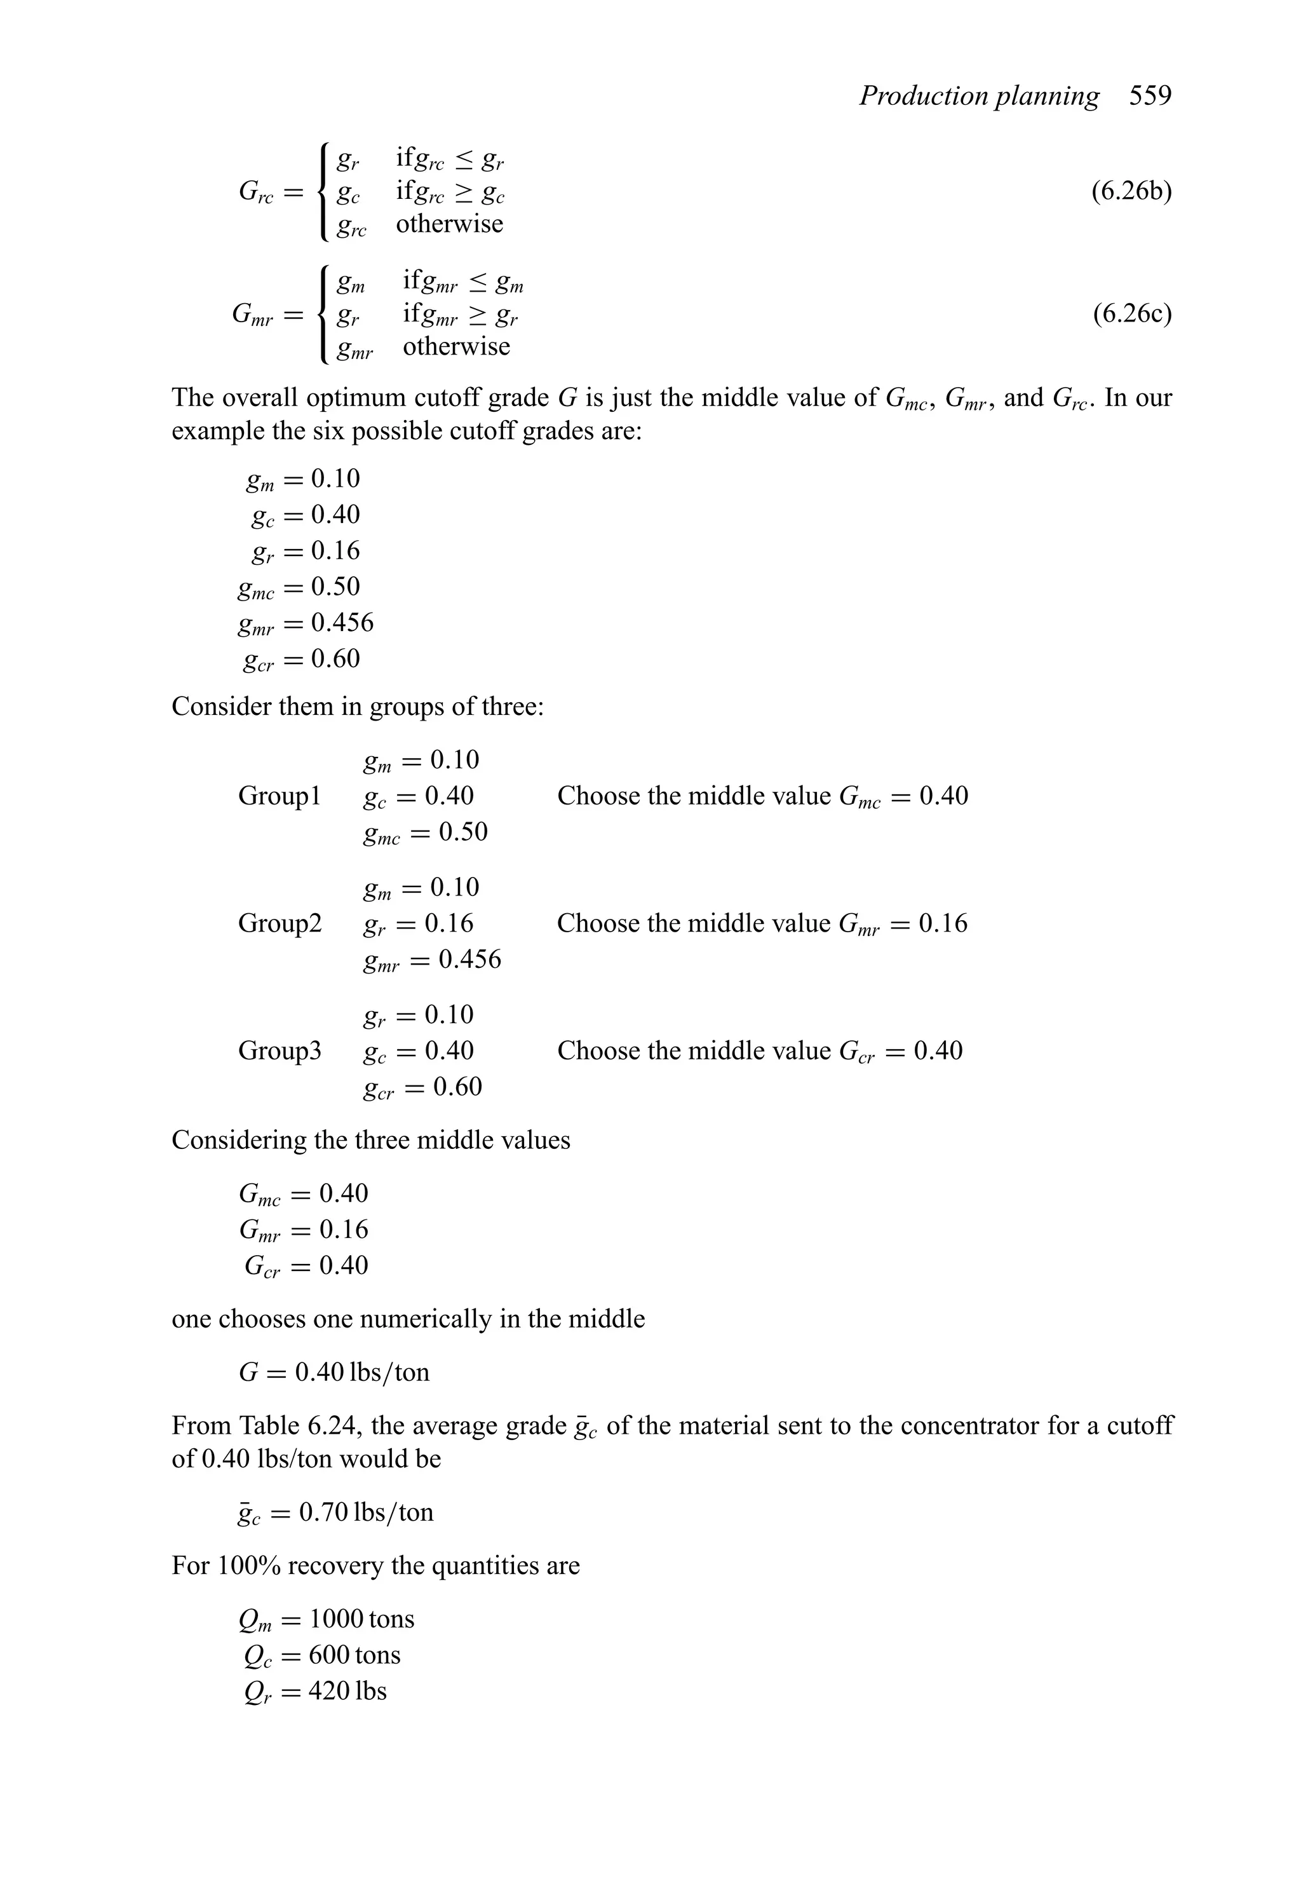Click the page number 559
[x=1150, y=97]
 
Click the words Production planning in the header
[x=979, y=97]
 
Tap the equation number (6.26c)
[x=1131, y=315]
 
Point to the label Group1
[x=280, y=796]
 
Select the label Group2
[x=280, y=923]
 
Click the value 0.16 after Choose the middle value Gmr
[x=943, y=923]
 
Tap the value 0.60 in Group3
[x=457, y=1087]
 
